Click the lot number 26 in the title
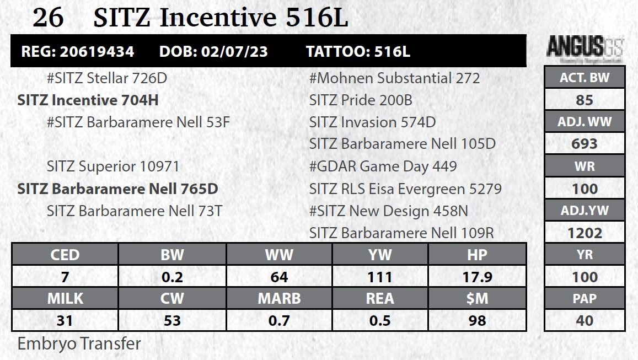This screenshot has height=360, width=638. [49, 18]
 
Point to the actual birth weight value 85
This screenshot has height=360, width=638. [585, 100]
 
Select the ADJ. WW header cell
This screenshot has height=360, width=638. [585, 122]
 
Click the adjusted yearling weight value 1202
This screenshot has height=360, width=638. [585, 233]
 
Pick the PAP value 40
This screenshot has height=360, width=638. [585, 321]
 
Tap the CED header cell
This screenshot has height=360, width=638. [65, 255]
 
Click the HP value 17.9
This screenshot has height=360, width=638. [478, 277]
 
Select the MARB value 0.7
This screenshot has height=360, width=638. [279, 321]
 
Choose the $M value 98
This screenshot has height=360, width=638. [478, 321]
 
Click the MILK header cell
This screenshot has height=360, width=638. [65, 299]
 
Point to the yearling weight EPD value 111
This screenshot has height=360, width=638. [380, 277]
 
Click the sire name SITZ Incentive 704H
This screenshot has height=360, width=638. [88, 100]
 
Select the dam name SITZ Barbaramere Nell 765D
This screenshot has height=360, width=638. [117, 189]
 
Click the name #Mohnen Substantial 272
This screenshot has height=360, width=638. [394, 78]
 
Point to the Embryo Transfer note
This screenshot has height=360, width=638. [79, 344]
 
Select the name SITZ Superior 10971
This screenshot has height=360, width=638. [113, 166]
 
